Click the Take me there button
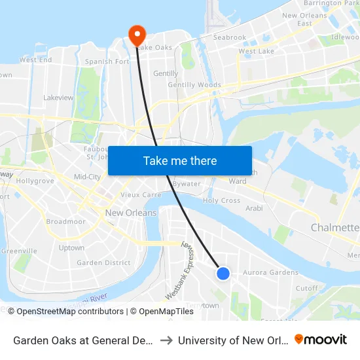point(180,160)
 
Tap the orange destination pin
point(137,34)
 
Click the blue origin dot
point(223,274)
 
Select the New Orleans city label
point(131,213)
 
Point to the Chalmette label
point(334,228)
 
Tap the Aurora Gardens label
point(270,272)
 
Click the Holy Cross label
point(221,201)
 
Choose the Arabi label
point(253,208)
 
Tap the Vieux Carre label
point(141,195)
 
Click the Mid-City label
point(87,177)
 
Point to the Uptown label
point(71,248)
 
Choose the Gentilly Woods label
point(194,85)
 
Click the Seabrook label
point(230,38)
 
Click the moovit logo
point(321,339)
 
